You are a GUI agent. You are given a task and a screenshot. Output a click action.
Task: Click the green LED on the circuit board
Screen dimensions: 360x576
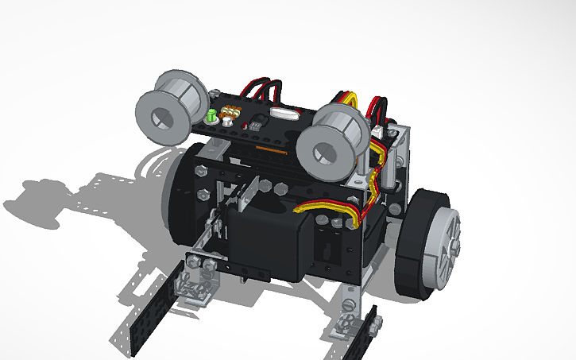(x=211, y=117)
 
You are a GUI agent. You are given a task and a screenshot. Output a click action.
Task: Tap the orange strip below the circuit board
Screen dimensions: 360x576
(x=270, y=149)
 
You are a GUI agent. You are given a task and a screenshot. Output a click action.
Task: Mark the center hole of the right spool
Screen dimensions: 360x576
(x=325, y=152)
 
